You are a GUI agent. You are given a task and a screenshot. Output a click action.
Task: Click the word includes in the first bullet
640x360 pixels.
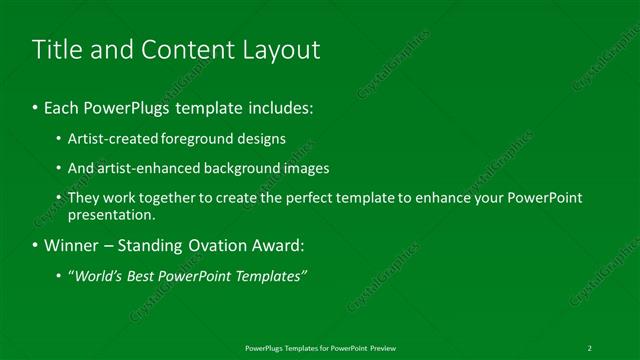point(281,107)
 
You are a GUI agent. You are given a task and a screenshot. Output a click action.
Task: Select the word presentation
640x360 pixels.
point(111,214)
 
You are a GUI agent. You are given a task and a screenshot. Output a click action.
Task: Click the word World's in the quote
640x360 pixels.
point(97,275)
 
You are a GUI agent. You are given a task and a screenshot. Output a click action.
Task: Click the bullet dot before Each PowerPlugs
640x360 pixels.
point(36,107)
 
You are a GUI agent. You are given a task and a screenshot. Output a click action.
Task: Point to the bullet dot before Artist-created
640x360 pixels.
point(59,139)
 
